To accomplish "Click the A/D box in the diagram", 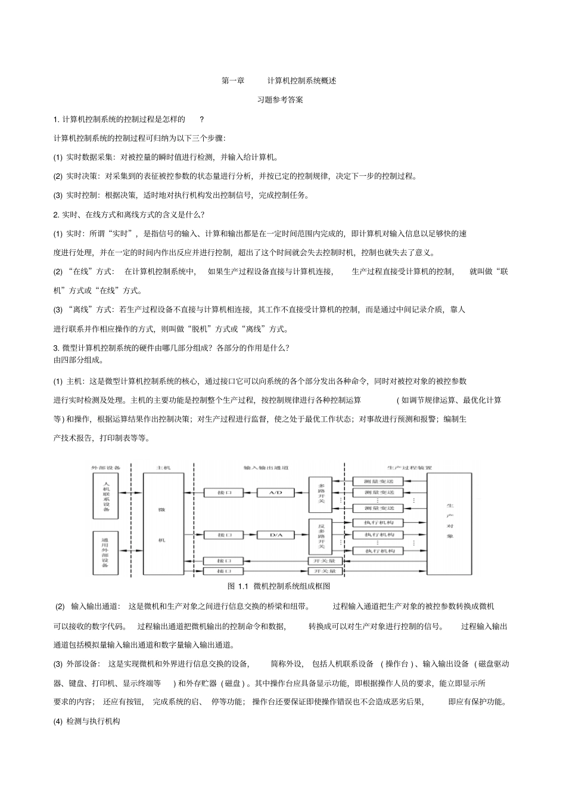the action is tap(275, 493).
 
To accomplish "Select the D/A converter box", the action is tap(275, 535).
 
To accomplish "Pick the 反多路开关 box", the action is tap(321, 535).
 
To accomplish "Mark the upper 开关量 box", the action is tap(325, 561).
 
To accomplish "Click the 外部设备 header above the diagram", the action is tap(105, 467).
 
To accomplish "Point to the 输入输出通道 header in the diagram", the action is tap(266, 467).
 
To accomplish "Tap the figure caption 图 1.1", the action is tap(278, 586).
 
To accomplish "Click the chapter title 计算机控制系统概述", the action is tap(301, 80).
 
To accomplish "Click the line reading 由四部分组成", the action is tap(79, 360).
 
